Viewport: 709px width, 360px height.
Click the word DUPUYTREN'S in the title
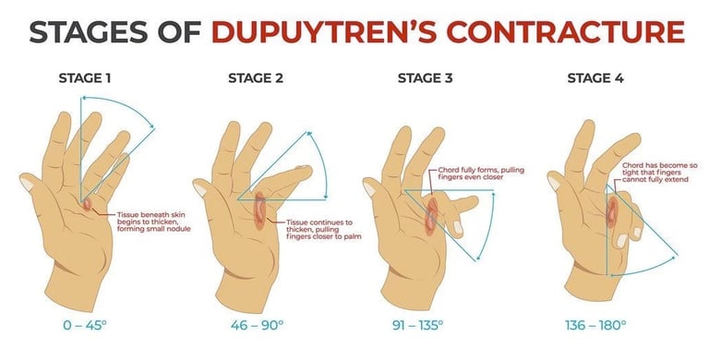325,31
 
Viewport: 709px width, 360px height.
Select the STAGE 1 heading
85,78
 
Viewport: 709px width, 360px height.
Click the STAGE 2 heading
256,78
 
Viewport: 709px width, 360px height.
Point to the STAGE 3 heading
425,78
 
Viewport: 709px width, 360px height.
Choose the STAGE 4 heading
595,78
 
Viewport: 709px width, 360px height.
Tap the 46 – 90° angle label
257,325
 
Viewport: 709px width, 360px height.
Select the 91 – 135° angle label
418,325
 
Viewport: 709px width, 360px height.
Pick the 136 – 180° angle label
595,325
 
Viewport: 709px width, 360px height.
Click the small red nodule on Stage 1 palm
87,205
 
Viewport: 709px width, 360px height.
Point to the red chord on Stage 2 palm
259,210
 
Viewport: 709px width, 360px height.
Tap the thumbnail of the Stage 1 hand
27,184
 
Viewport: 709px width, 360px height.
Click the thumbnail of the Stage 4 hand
554,182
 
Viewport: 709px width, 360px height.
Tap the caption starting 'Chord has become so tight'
660,173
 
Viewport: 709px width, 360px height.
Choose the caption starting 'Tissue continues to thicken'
323,229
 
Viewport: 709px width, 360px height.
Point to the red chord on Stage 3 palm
431,217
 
